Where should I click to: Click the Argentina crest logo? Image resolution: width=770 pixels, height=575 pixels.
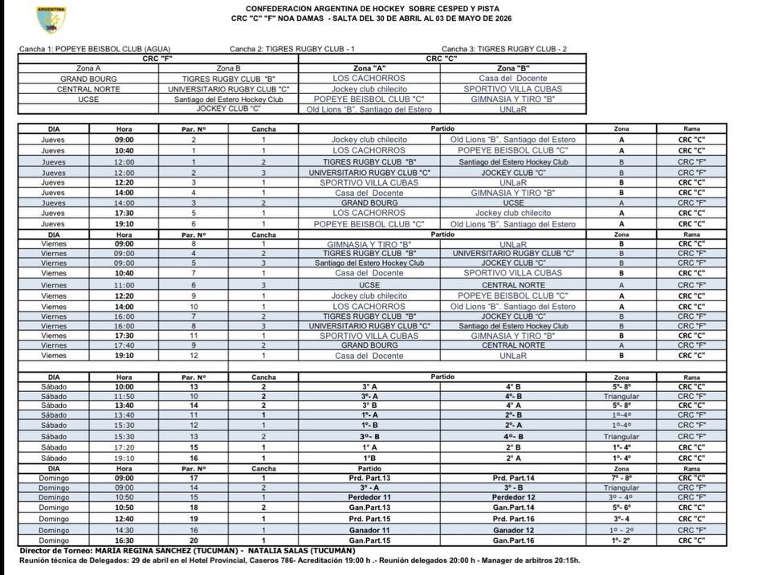[51, 19]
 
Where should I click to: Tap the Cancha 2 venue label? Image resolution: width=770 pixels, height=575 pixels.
[292, 49]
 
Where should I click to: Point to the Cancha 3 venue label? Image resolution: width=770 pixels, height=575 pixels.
[504, 49]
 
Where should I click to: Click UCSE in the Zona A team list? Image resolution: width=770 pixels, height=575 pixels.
[88, 100]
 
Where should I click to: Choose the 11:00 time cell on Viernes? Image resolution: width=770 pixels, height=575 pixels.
[124, 285]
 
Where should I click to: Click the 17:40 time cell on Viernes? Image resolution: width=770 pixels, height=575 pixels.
[124, 345]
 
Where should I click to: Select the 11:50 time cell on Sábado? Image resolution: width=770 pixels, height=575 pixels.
[124, 396]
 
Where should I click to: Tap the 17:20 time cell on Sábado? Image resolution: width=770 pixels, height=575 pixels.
[124, 447]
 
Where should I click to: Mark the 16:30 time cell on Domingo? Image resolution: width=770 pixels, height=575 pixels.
[124, 540]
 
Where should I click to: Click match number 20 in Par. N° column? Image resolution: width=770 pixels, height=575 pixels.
[194, 540]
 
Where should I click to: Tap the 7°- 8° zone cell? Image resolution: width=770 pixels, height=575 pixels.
[621, 478]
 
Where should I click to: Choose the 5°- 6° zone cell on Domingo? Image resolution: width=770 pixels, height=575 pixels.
[621, 508]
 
